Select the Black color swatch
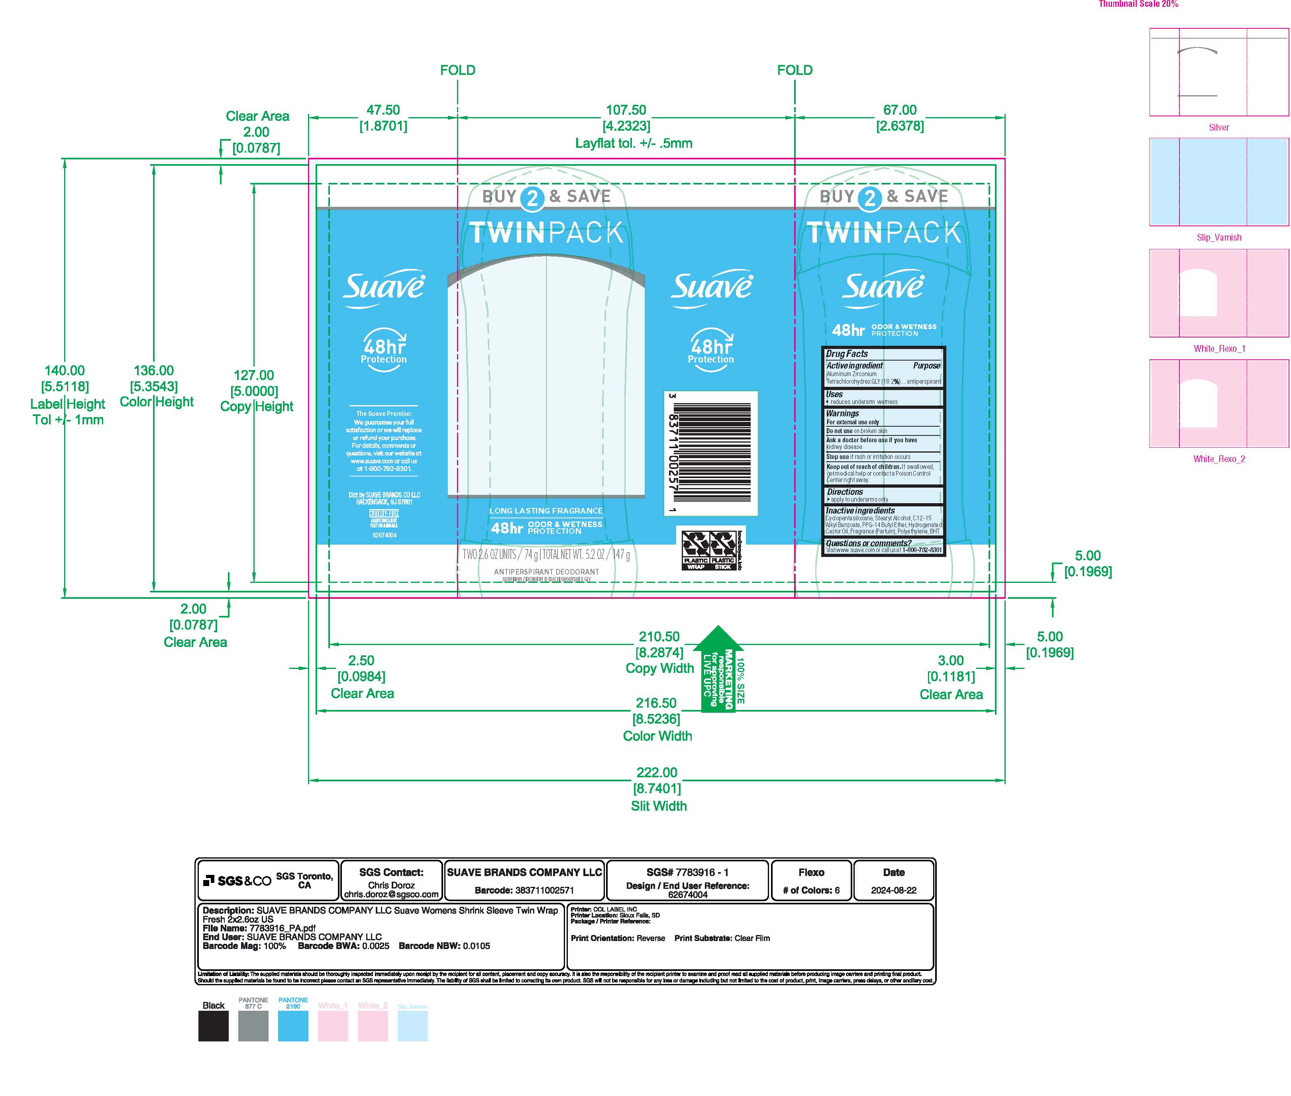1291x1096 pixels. pyautogui.click(x=213, y=1026)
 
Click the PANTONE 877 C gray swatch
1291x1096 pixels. pyautogui.click(x=253, y=1026)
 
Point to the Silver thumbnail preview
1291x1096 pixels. pyautogui.click(x=1218, y=72)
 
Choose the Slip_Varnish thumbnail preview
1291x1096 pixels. pyautogui.click(x=1218, y=182)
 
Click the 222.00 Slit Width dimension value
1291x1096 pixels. pyautogui.click(x=657, y=772)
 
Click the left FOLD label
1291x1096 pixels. pyautogui.click(x=457, y=70)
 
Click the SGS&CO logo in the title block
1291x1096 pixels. pyautogui.click(x=238, y=881)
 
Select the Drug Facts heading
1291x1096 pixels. pyautogui.click(x=847, y=353)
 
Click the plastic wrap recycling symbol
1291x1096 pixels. pyautogui.click(x=696, y=548)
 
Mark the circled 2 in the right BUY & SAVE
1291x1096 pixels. pyautogui.click(x=870, y=198)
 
